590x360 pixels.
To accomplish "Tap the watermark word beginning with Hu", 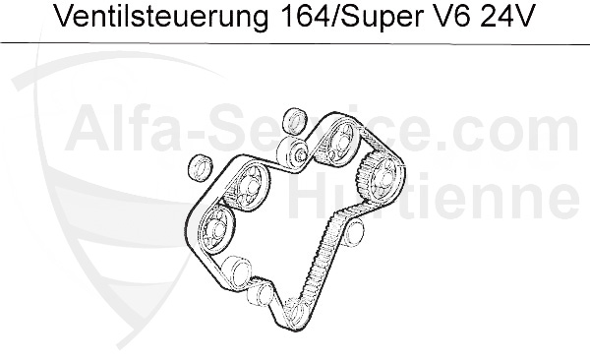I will click(334, 197).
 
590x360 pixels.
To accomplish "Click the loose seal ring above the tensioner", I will click(293, 122).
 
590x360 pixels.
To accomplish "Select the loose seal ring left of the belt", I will click(200, 166).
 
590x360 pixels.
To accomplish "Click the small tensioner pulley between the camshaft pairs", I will click(293, 152).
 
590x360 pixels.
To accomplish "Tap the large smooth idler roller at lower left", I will click(236, 270).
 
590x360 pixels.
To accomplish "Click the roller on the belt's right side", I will click(353, 233).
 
